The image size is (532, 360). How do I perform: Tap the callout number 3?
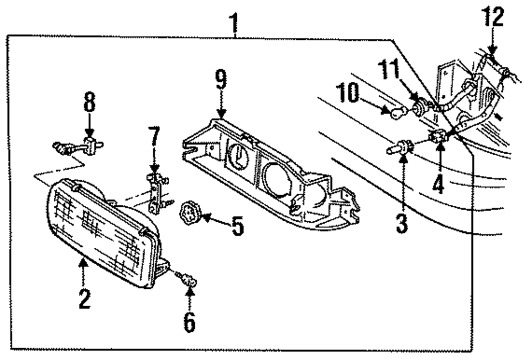tap(402, 223)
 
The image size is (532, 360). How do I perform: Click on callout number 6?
tap(189, 321)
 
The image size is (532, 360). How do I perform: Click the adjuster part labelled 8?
tap(80, 145)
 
